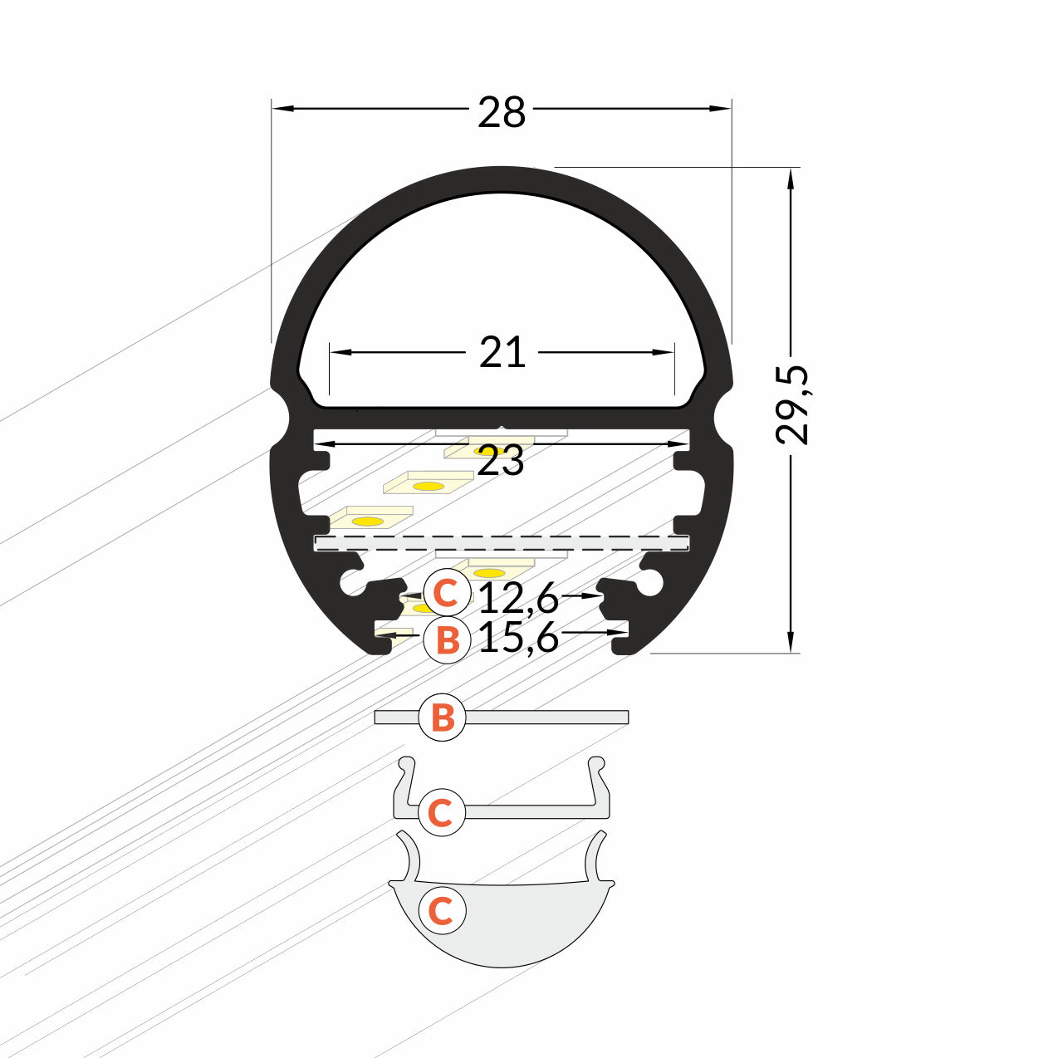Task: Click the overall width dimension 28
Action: [502, 112]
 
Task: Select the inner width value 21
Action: [502, 353]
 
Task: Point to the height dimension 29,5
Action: [792, 404]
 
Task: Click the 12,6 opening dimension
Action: [519, 596]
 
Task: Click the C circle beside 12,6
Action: [446, 593]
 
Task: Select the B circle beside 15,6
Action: [447, 640]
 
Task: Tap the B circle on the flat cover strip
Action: [443, 717]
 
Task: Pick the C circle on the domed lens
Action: [441, 910]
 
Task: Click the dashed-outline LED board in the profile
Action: [502, 542]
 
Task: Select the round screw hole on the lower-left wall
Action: [351, 584]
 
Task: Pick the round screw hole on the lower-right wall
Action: [652, 584]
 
